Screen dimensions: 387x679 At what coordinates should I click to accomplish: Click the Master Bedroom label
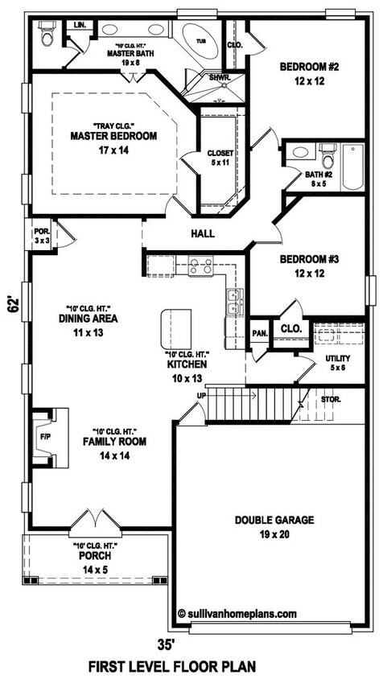(x=113, y=137)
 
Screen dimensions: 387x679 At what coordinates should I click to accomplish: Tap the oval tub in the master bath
(x=200, y=41)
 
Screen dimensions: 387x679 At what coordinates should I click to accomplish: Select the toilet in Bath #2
(x=328, y=155)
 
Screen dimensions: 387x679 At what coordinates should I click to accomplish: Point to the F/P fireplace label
(x=45, y=437)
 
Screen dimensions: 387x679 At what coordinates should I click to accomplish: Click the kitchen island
(x=175, y=329)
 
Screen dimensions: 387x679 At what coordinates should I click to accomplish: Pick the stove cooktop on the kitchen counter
(x=201, y=265)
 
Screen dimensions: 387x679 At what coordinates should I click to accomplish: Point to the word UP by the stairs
(x=201, y=395)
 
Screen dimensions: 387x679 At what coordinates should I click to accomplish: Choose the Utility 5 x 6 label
(x=338, y=363)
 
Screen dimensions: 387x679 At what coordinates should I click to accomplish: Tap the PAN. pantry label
(x=260, y=333)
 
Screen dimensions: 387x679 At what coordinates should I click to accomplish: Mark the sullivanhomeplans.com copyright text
(x=237, y=613)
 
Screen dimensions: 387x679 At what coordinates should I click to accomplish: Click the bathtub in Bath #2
(x=352, y=167)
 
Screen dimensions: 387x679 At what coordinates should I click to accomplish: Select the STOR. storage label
(x=331, y=400)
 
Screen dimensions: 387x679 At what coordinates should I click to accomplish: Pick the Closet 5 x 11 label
(x=220, y=158)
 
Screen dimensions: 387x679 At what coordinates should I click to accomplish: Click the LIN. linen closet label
(x=80, y=26)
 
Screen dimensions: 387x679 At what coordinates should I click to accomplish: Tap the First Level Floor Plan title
(x=172, y=666)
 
